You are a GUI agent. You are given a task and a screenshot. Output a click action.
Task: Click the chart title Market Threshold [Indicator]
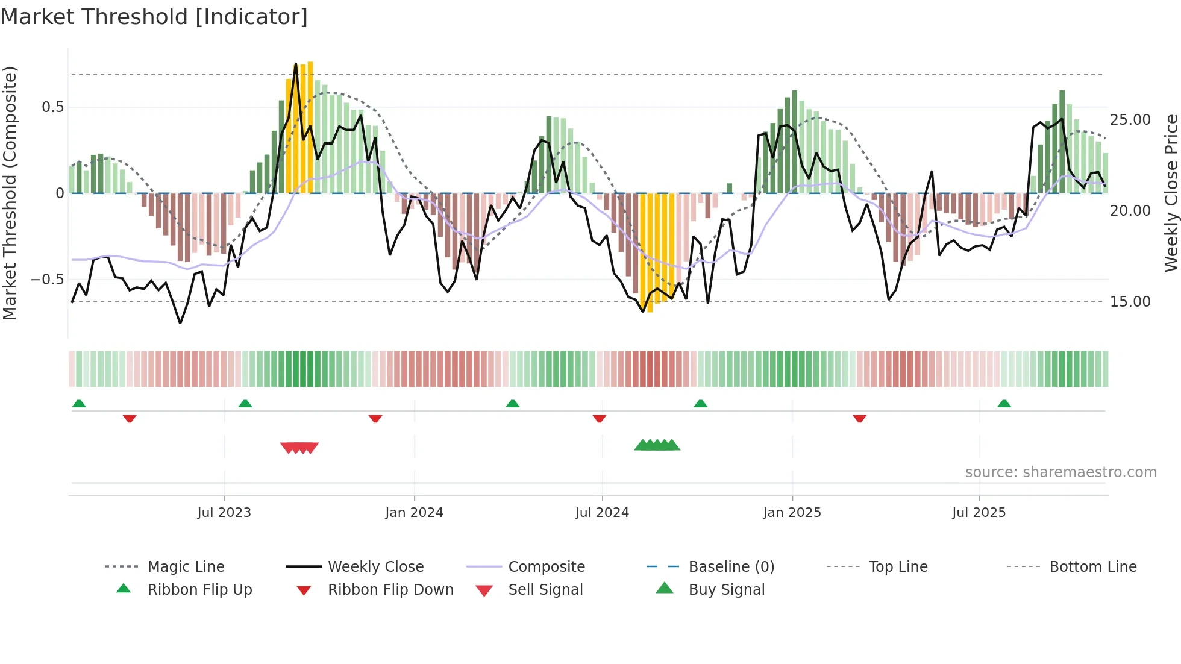pos(154,17)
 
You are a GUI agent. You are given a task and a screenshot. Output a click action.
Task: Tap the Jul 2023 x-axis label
pos(224,513)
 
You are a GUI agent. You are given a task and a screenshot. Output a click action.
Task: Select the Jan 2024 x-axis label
pos(414,513)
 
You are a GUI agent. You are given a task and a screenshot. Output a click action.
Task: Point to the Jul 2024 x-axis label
pos(602,513)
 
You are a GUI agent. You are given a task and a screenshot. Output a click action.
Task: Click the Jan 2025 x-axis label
pos(792,513)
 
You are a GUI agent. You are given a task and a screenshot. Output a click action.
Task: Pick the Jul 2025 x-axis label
pos(979,513)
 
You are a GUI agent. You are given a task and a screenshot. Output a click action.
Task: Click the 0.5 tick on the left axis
pos(52,107)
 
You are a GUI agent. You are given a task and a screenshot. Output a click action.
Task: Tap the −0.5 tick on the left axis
pos(48,280)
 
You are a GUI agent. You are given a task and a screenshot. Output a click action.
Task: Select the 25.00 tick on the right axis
pos(1130,120)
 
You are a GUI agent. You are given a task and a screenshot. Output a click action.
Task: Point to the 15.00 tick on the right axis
pos(1130,302)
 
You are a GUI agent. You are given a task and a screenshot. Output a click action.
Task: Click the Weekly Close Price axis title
pos(1171,193)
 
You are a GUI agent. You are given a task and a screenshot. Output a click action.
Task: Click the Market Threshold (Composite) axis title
pos(10,193)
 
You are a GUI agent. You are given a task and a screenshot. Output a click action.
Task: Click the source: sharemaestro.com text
pos(1060,472)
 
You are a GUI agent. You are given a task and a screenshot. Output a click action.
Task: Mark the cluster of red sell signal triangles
pos(299,448)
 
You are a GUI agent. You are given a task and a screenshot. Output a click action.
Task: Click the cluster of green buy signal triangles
pos(657,445)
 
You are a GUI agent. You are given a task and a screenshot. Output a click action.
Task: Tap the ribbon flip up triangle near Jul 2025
pos(1004,404)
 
